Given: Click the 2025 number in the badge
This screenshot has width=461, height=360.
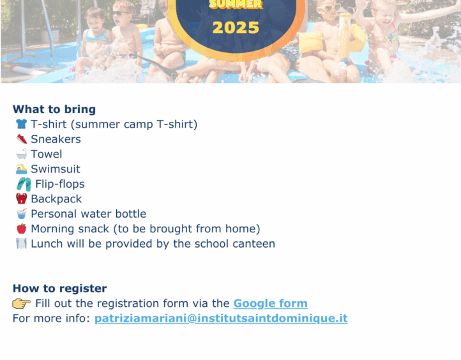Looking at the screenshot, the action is tap(236, 28).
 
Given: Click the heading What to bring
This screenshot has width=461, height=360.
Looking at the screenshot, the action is tap(54, 109).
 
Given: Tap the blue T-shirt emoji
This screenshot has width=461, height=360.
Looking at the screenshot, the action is tap(21, 124).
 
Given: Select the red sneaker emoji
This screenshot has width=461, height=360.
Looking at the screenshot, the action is tap(22, 139).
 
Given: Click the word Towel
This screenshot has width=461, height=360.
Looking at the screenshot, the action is tap(47, 154).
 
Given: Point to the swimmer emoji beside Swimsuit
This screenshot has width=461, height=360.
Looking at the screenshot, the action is tap(22, 169).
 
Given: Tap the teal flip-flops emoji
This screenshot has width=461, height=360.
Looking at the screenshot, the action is tap(24, 184).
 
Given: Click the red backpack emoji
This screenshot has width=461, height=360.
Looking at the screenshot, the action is tap(22, 199).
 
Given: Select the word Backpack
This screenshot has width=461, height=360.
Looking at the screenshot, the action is tap(56, 199).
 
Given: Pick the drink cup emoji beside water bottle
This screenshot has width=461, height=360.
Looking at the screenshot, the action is tap(22, 214).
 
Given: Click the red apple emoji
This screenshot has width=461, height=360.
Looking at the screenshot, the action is tap(22, 229).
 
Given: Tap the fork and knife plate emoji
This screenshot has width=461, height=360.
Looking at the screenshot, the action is tap(21, 244).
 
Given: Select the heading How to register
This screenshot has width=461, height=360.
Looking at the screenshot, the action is tap(59, 289).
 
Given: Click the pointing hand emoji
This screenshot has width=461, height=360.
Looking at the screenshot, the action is tap(22, 303).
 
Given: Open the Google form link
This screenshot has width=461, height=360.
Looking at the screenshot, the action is tap(271, 303).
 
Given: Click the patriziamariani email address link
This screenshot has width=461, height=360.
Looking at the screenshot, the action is tap(221, 319).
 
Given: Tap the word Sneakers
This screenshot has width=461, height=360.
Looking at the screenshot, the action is tap(56, 139).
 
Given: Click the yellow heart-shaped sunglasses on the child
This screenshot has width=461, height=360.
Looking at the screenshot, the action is tap(329, 8).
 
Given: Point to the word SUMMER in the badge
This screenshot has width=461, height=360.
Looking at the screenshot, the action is tap(236, 4).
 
